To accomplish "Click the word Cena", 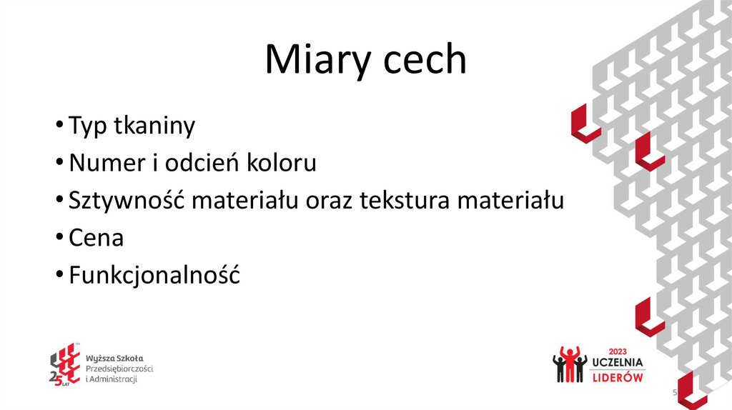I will [x=96, y=238].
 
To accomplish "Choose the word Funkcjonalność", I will [x=154, y=275].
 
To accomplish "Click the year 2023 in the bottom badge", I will [x=617, y=351].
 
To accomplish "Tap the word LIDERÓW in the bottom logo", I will [x=618, y=376].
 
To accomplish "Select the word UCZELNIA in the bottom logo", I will [x=618, y=363].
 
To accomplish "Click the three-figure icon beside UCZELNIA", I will [x=569, y=364].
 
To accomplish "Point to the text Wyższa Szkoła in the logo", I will [x=114, y=356].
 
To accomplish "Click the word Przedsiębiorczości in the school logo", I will [x=119, y=367].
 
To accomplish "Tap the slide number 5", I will [x=673, y=394].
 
